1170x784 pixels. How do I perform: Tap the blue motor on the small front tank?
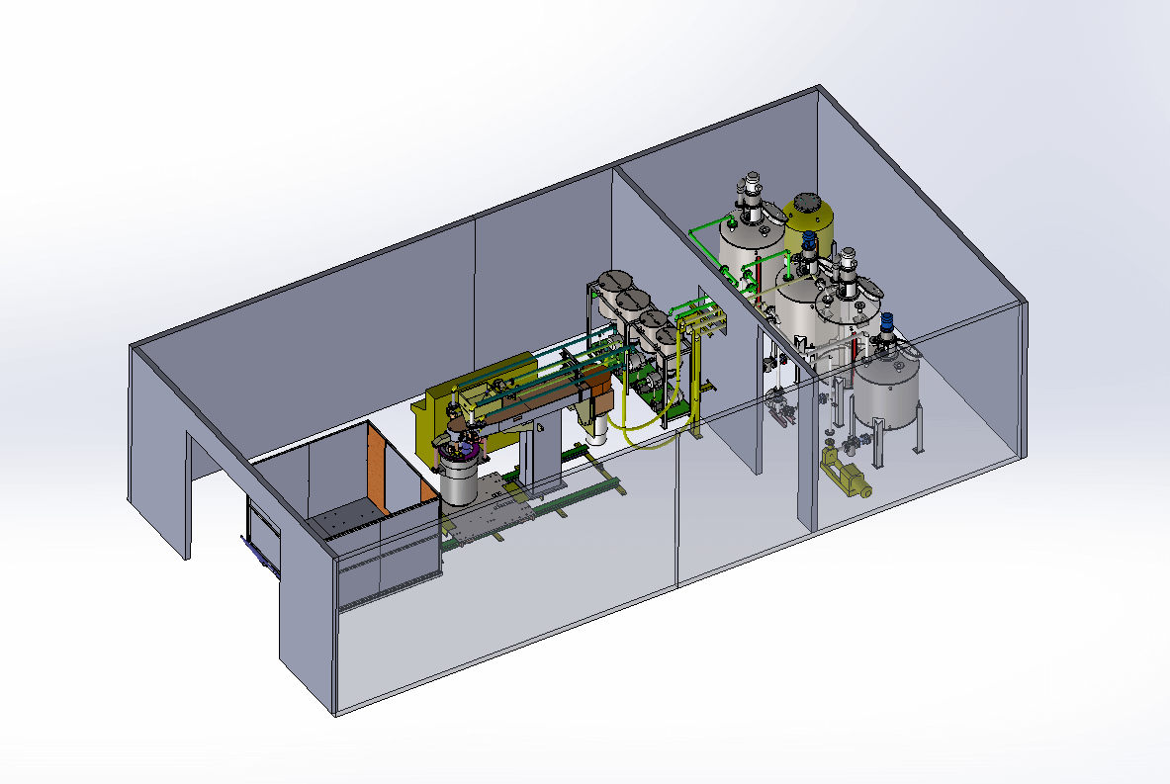887,321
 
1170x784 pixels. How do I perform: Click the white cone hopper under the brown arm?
598,426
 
